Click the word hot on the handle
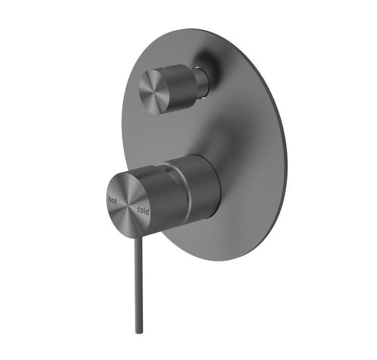[x=113, y=199]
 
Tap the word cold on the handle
[x=143, y=211]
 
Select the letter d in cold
[x=148, y=213]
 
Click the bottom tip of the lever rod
[x=138, y=331]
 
